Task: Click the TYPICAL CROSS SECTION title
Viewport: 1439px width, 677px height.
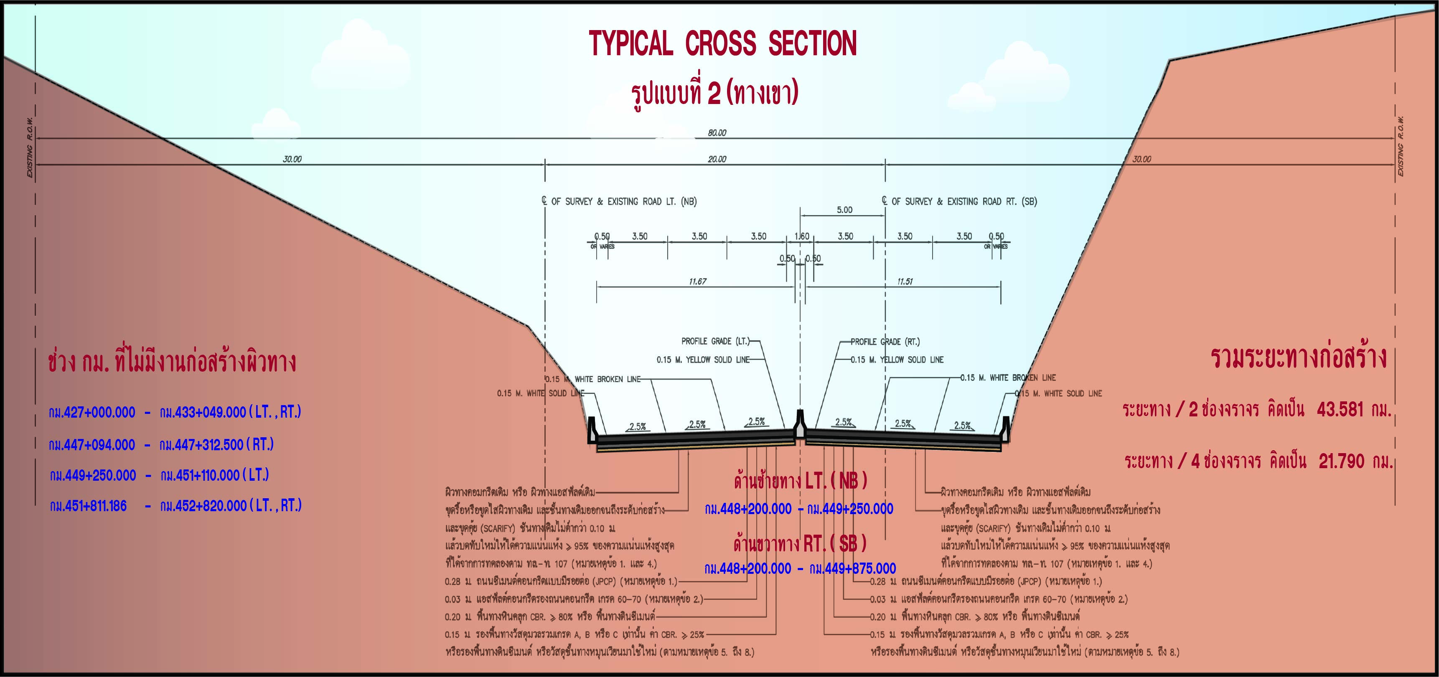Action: click(722, 43)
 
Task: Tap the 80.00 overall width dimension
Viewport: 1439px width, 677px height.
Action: click(717, 133)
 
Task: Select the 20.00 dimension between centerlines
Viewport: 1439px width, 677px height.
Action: click(717, 159)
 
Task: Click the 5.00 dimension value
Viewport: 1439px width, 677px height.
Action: click(844, 210)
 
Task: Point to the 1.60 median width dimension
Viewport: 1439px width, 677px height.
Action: click(802, 236)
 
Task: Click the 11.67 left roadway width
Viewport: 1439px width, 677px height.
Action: click(697, 281)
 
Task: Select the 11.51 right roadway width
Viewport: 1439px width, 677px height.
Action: click(905, 281)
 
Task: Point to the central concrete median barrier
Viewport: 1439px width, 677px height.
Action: click(801, 424)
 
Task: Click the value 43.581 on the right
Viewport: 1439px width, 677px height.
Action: click(1340, 409)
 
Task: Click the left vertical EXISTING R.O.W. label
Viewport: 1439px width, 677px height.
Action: click(30, 148)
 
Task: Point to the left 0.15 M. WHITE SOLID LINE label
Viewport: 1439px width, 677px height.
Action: click(540, 393)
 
